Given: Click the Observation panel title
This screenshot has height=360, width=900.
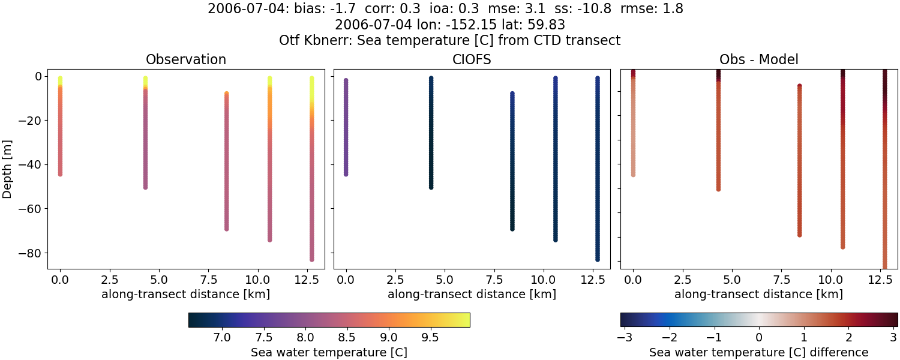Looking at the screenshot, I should [x=186, y=60].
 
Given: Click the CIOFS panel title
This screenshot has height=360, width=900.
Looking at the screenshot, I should [x=472, y=60].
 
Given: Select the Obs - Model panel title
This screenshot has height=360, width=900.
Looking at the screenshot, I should [x=758, y=60].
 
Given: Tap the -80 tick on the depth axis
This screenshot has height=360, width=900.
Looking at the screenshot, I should [x=29, y=253].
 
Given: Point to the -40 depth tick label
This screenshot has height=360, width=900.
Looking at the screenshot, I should [x=29, y=164].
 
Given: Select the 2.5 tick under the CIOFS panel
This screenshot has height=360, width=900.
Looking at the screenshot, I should [x=395, y=280].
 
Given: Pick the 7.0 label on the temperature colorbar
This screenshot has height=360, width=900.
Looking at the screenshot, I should [x=223, y=338].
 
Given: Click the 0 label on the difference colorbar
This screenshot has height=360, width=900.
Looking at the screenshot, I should [x=759, y=338].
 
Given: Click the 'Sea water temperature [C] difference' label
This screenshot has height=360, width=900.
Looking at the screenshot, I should [x=758, y=352].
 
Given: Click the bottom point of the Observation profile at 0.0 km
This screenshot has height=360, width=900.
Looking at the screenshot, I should [x=60, y=174].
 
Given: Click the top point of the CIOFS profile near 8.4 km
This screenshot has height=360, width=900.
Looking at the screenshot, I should [x=512, y=94].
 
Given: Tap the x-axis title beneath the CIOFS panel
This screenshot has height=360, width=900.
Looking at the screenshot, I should [x=472, y=294].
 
